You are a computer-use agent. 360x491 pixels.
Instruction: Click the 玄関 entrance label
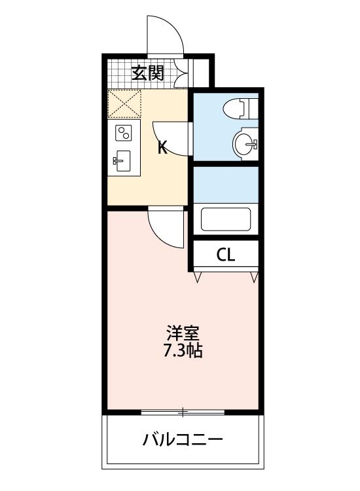pos(147,72)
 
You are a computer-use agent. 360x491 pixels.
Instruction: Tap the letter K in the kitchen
pos(162,148)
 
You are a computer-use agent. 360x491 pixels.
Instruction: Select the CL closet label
pos(225,255)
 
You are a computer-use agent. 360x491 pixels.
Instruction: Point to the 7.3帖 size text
pos(183,351)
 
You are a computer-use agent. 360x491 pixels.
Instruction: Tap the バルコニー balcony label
pos(183,439)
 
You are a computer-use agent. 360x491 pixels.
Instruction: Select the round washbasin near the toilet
pos(245,143)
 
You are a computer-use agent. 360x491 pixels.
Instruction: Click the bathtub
pos(226,219)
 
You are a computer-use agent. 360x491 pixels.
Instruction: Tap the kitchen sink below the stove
pos(123,160)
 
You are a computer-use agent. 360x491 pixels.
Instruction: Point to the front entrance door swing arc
pos(164,33)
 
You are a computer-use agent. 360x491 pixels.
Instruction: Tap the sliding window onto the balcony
pos(183,412)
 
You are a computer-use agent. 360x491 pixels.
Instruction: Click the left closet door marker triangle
pos(198,278)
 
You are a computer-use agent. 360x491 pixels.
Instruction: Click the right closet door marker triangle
pos(254,278)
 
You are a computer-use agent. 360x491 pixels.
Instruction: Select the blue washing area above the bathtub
pos(226,185)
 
